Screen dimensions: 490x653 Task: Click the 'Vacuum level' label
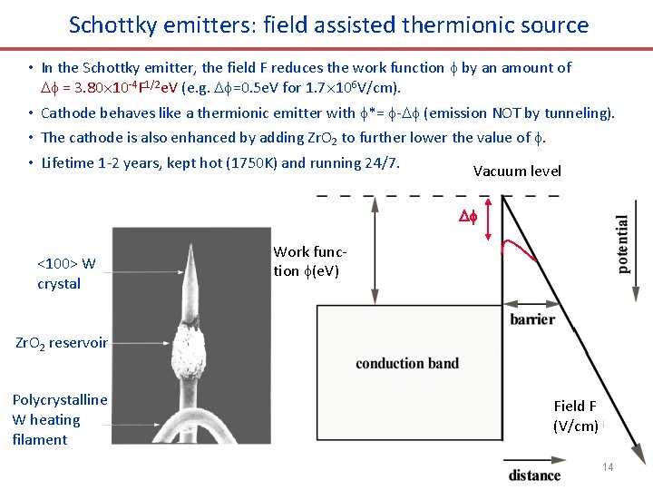tap(517, 171)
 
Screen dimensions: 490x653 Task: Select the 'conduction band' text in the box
tap(407, 364)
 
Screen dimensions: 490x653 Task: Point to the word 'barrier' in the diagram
tap(532, 319)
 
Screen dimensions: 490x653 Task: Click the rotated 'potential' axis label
tap(623, 244)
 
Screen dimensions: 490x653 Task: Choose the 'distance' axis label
tap(534, 475)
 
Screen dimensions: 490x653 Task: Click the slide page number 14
tap(608, 466)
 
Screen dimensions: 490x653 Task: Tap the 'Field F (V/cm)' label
tap(575, 416)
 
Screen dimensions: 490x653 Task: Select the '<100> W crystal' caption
tap(65, 274)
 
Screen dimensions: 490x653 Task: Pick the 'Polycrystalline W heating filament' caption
tap(59, 419)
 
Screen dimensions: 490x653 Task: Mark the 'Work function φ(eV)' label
tap(309, 261)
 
